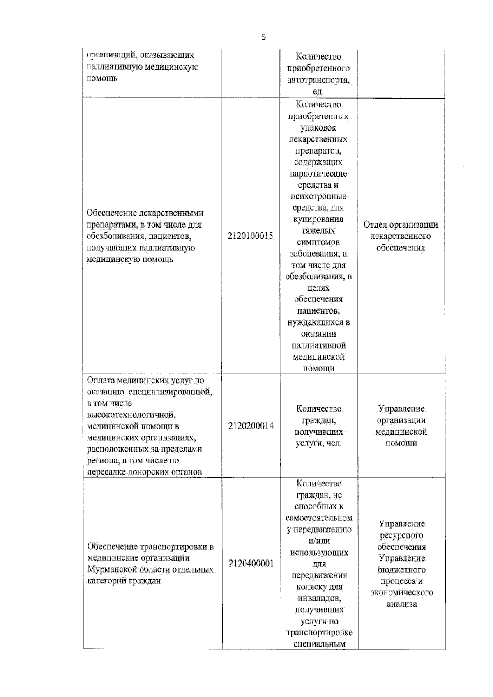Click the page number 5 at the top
point(263,37)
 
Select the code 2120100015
point(250,236)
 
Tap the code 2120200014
point(251,426)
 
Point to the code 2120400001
point(251,564)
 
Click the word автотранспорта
point(318,80)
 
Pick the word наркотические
point(318,174)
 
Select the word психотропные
point(318,196)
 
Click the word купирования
point(318,219)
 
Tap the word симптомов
point(318,242)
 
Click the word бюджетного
point(401,570)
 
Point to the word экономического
point(401,593)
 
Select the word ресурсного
point(401,535)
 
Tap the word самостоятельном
point(319,518)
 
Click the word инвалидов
point(319,598)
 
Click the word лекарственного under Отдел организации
point(401,236)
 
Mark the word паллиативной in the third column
point(318,345)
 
